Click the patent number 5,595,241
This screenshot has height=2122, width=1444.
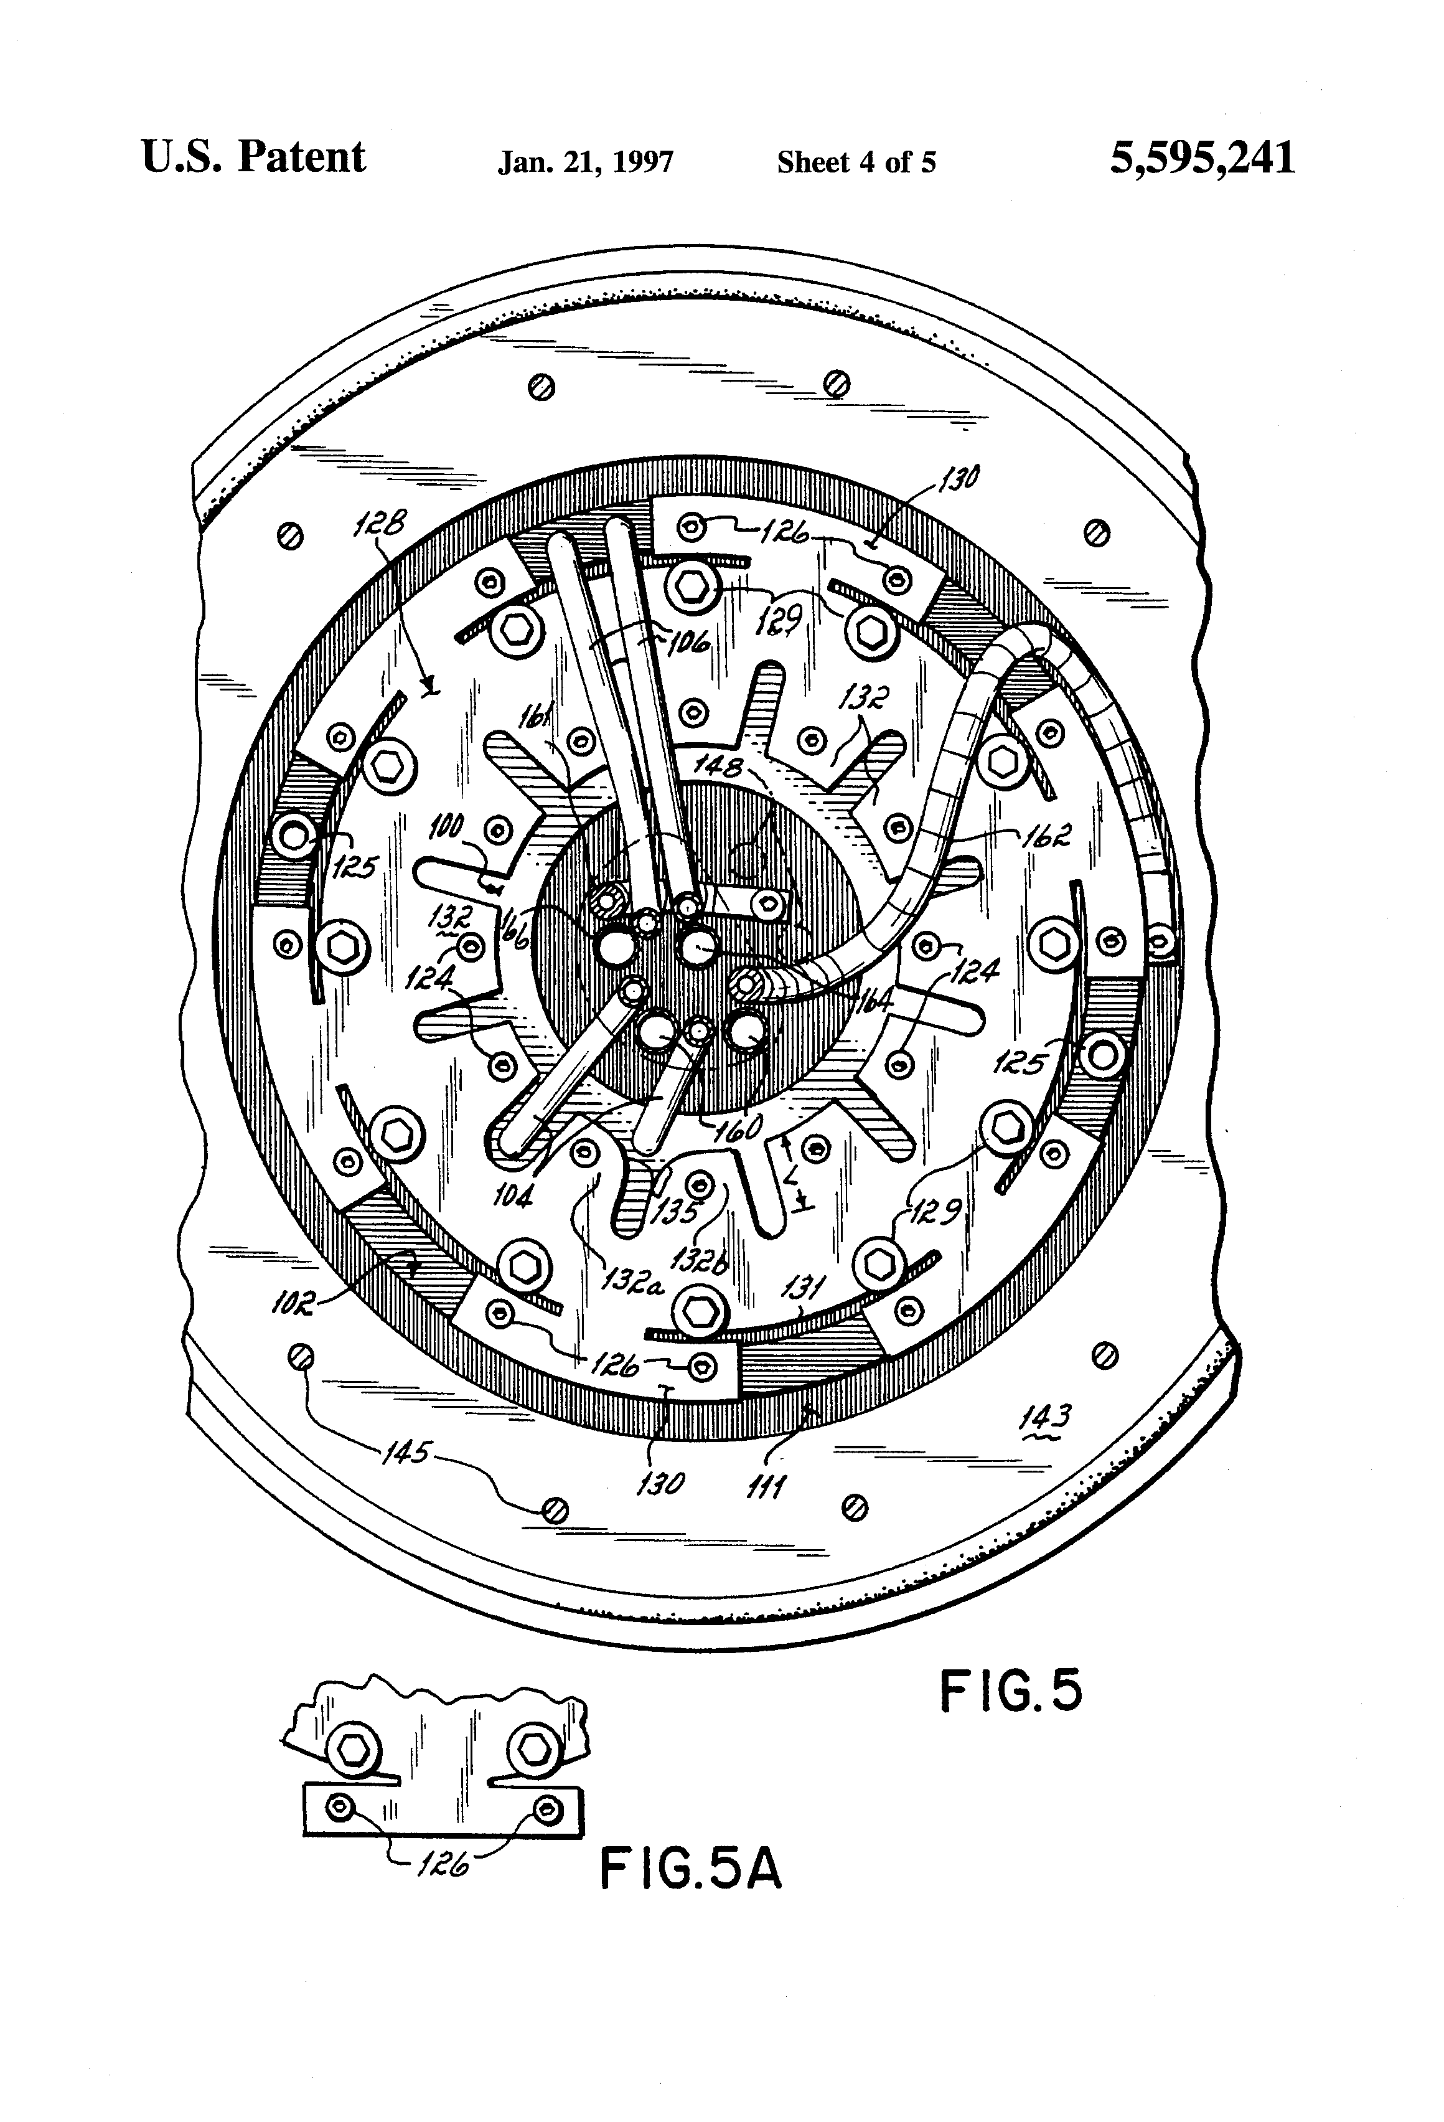click(1201, 159)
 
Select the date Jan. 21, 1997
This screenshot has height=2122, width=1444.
click(585, 163)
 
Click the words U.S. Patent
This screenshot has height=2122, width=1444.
click(254, 158)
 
